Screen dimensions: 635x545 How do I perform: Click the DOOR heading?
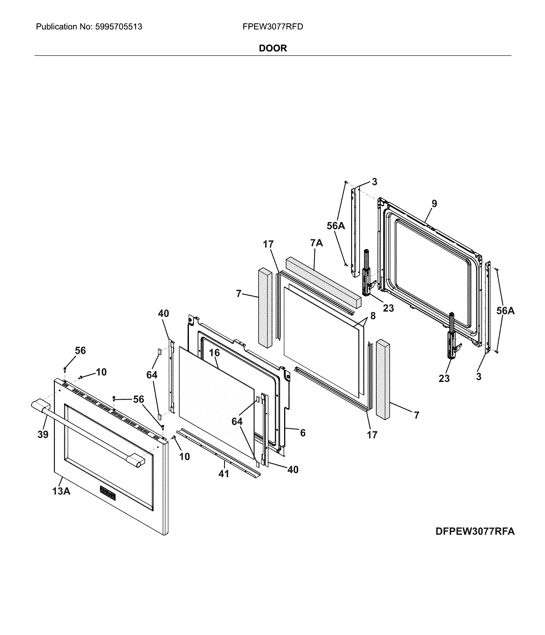point(273,48)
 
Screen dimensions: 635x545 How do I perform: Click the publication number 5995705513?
point(118,27)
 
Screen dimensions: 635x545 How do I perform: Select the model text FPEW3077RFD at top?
point(273,27)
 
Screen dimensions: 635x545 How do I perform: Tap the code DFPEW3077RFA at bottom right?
point(475,531)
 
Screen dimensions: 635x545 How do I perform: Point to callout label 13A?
point(61,491)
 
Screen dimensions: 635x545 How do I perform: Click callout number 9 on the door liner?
point(434,204)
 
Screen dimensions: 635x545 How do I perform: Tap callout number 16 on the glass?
point(214,353)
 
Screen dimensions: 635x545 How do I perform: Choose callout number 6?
point(302,433)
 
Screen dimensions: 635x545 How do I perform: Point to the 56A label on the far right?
point(505,311)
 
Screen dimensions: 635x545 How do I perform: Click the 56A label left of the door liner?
point(336,226)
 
